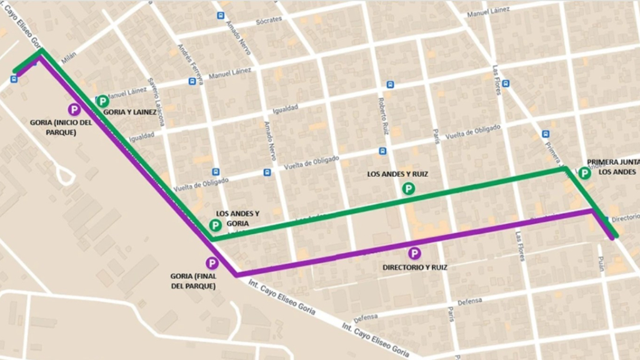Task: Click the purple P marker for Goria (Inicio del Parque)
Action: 74,109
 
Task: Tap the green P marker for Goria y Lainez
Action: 102,101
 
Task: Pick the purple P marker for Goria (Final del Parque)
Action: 212,264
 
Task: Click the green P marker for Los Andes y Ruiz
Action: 408,188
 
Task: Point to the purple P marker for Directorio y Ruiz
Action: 414,253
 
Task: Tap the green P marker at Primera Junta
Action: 584,173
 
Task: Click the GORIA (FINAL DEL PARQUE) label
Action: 193,281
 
